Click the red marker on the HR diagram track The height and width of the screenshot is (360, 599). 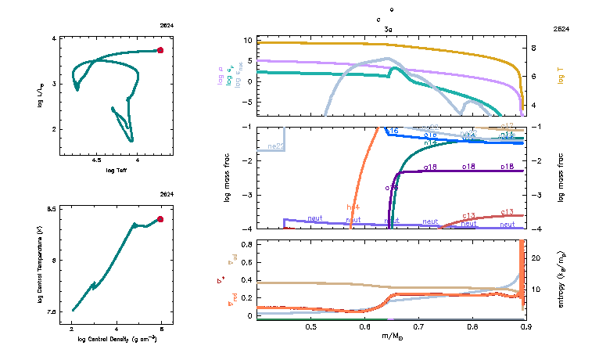point(160,50)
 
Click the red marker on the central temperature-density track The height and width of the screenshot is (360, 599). point(160,219)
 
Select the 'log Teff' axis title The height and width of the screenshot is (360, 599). point(117,170)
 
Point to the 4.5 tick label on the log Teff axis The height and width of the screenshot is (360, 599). point(97,161)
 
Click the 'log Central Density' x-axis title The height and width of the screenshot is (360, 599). point(117,339)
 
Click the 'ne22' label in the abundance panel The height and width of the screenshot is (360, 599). point(275,146)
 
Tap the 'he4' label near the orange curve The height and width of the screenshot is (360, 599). point(353,207)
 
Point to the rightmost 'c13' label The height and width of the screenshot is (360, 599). point(506,212)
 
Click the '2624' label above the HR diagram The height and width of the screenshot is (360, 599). point(167,26)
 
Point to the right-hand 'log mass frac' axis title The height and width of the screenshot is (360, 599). point(561,178)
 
